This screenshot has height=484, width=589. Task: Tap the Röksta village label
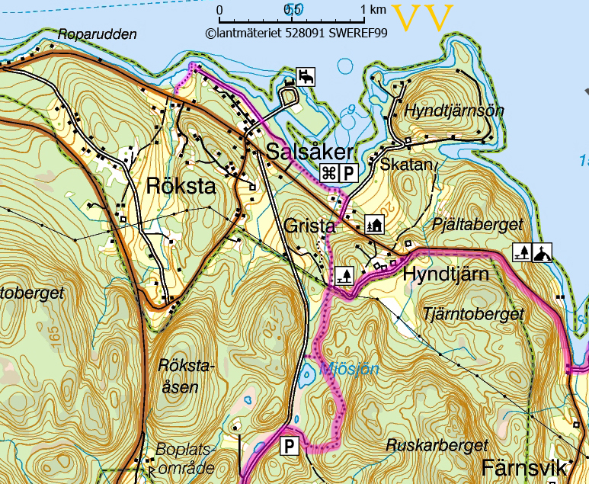(x=181, y=187)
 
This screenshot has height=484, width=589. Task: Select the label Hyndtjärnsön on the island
(x=454, y=111)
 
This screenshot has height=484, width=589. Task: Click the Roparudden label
(x=97, y=34)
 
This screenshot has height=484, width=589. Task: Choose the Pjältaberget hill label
(x=477, y=224)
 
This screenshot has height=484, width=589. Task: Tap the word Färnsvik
(x=524, y=466)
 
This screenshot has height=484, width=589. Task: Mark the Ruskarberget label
(x=436, y=445)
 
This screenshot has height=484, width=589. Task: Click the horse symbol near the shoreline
(x=306, y=76)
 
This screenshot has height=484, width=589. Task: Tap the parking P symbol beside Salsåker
(x=347, y=173)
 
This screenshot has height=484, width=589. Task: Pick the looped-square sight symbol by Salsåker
(x=329, y=173)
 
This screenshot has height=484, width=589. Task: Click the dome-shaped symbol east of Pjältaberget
(x=542, y=252)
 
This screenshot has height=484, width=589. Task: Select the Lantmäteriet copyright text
(x=296, y=33)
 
